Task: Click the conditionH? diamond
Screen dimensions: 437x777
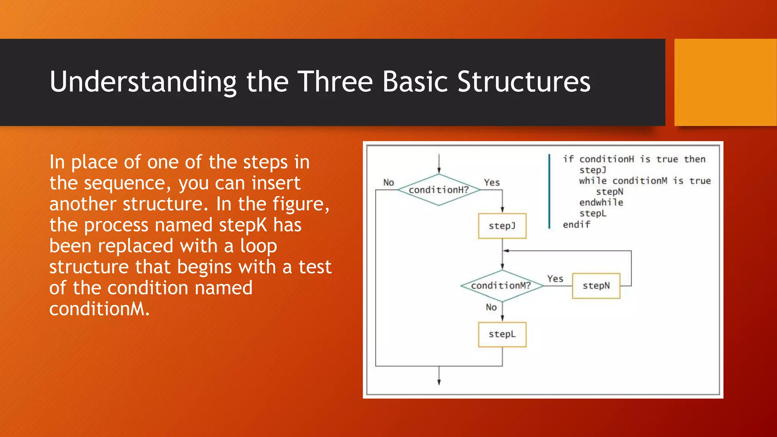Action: click(439, 190)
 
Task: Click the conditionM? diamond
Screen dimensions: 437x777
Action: click(502, 286)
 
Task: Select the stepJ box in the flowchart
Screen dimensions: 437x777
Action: click(502, 226)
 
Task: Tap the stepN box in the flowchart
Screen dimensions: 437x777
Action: click(596, 286)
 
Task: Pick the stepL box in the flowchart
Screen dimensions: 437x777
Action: click(502, 335)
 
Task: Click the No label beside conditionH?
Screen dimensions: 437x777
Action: click(388, 183)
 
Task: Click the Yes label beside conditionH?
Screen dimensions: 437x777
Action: click(492, 183)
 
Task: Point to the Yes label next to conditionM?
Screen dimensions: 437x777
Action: click(555, 279)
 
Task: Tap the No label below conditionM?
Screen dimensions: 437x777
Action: click(491, 307)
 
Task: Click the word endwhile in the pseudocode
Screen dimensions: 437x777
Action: click(601, 203)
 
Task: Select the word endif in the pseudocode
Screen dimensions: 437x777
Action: click(576, 225)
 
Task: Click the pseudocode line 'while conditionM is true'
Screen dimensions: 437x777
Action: click(645, 181)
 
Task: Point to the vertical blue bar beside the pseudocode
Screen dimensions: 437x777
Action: click(549, 192)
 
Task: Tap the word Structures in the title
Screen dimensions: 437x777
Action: click(524, 82)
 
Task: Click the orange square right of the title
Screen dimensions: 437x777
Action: click(725, 82)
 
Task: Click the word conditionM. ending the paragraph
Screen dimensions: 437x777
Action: click(99, 309)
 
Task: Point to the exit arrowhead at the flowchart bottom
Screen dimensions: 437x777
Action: click(439, 382)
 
